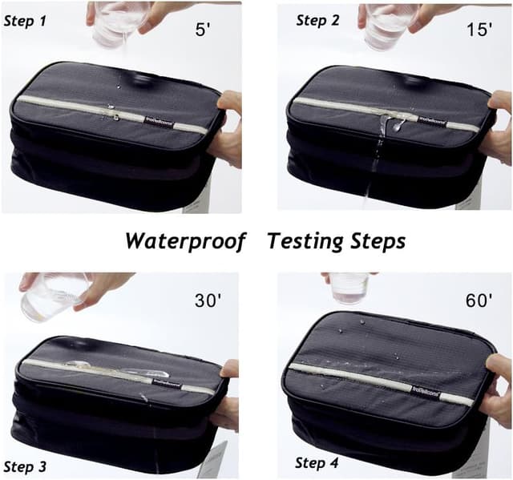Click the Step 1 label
click(x=25, y=21)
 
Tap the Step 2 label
click(x=317, y=21)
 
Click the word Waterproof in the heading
click(x=184, y=241)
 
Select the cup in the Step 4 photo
click(x=349, y=288)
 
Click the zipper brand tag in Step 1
click(x=157, y=120)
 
